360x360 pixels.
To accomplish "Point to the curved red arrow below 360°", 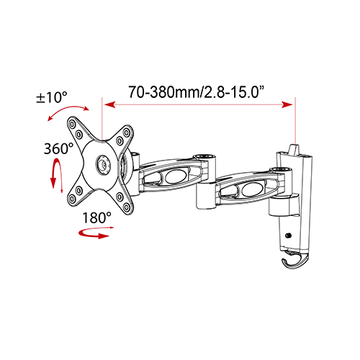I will [53, 174].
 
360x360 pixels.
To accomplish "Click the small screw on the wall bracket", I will [289, 235].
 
